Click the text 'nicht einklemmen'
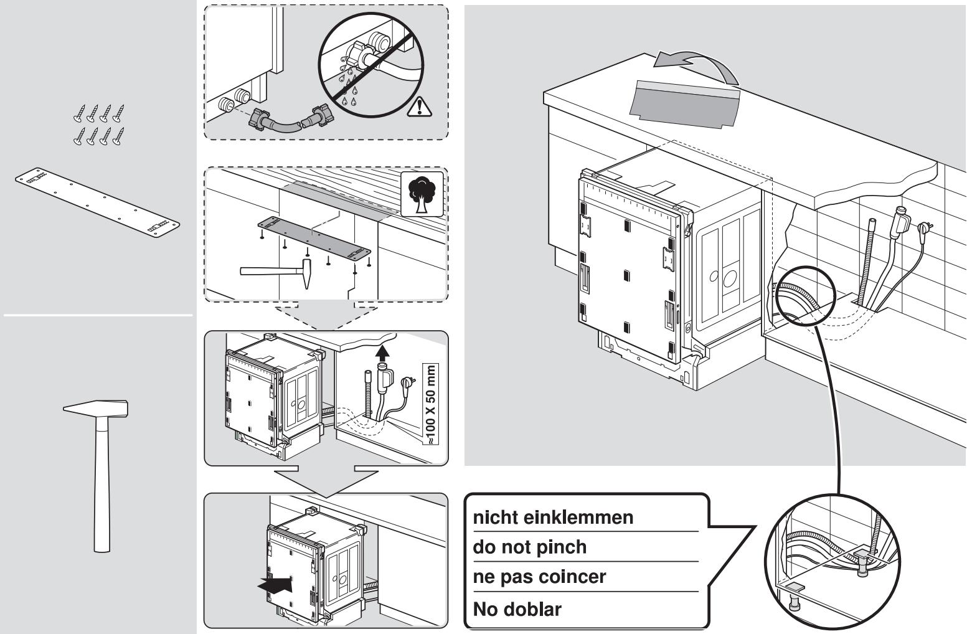(x=553, y=518)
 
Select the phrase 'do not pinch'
(x=530, y=547)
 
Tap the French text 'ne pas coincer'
(x=539, y=577)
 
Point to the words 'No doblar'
(x=517, y=609)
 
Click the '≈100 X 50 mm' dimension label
(x=430, y=404)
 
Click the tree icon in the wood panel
(x=422, y=194)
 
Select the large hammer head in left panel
(x=96, y=408)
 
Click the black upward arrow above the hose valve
(x=382, y=353)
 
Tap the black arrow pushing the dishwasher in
(x=275, y=585)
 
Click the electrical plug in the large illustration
(x=924, y=227)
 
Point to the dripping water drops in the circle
(x=349, y=84)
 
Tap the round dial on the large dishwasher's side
(x=730, y=278)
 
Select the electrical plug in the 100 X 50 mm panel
(x=406, y=382)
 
